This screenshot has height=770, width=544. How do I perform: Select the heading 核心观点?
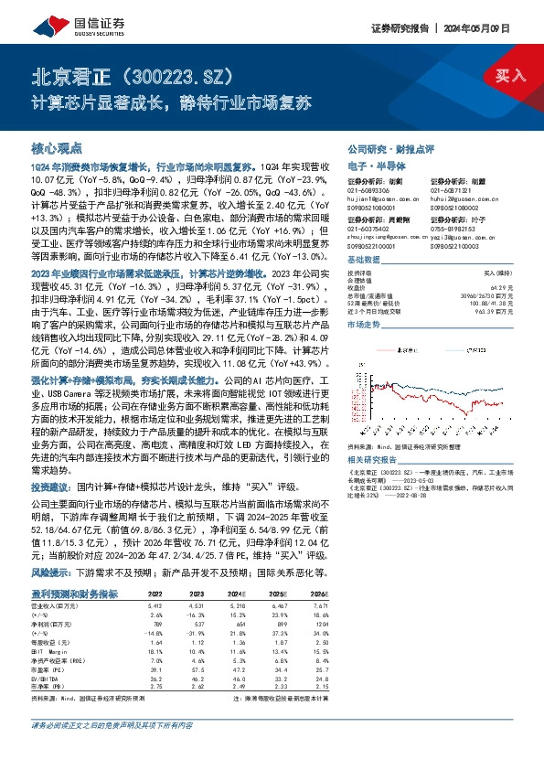tap(57, 146)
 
